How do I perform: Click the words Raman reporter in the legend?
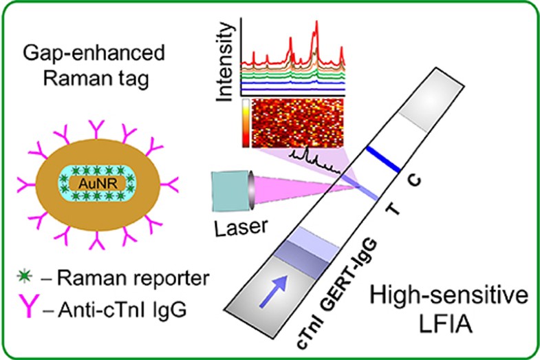pyautogui.click(x=131, y=278)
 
